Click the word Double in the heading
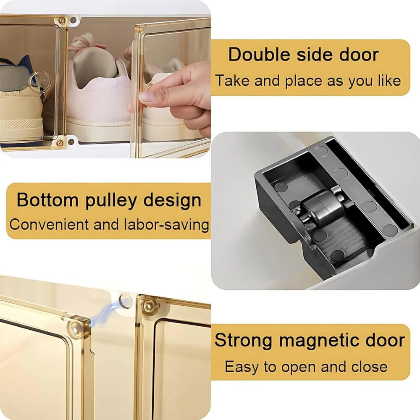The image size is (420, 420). pyautogui.click(x=254, y=55)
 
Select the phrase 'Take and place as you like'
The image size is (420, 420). pyautogui.click(x=308, y=81)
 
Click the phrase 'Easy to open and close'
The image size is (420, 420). pyautogui.click(x=306, y=366)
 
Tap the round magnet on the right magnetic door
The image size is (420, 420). pyautogui.click(x=149, y=305)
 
